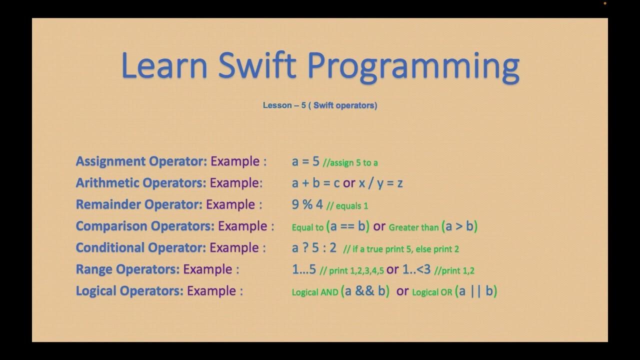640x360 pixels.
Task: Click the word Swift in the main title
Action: point(257,65)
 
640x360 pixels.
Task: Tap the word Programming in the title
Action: point(413,67)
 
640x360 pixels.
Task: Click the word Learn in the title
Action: point(164,65)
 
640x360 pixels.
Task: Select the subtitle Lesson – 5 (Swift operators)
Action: point(320,105)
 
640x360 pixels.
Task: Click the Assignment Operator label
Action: point(141,161)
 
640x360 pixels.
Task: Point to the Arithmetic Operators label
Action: point(141,183)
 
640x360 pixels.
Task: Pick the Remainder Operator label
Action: point(139,204)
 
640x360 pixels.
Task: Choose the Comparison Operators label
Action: point(145,226)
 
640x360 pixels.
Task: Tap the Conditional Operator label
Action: point(141,247)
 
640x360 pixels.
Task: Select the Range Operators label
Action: point(127,269)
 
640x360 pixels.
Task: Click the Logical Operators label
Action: point(129,291)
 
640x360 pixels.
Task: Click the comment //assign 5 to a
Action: point(350,163)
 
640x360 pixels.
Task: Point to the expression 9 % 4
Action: point(307,204)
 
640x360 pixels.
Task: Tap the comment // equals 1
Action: point(347,206)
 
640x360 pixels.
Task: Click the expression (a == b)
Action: point(347,226)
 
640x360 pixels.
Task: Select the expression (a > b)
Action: point(459,226)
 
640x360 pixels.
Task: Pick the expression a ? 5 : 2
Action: point(314,247)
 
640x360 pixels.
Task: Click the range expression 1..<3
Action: point(416,269)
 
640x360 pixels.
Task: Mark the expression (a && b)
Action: point(365,291)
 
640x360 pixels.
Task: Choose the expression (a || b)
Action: point(476,291)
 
